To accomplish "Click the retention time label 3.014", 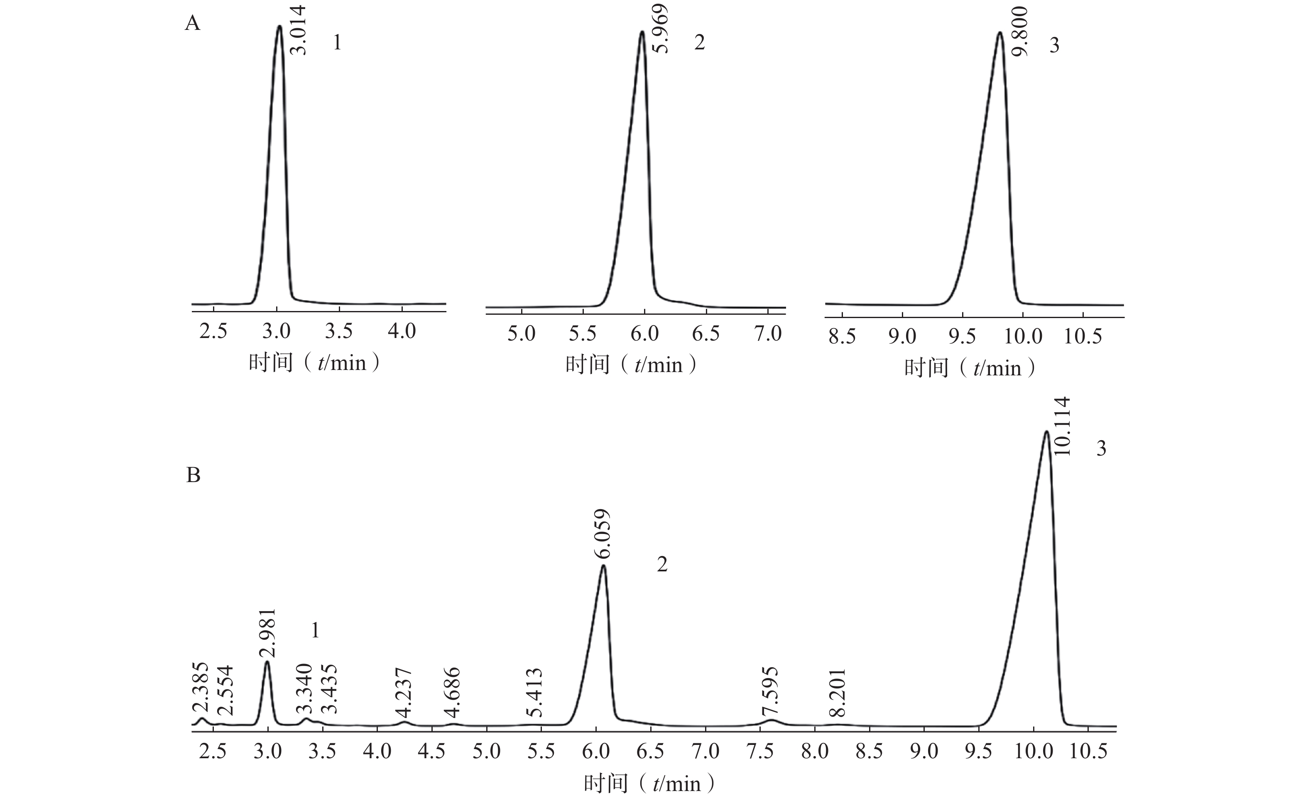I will tap(300, 30).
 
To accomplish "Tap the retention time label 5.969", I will tap(660, 29).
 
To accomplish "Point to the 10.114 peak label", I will tap(1062, 426).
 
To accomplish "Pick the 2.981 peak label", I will tap(267, 633).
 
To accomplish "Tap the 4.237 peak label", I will tap(404, 693).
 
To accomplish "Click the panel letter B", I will tap(193, 475).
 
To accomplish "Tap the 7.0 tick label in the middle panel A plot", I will tap(768, 333).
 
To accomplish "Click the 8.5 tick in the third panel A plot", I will tap(843, 336).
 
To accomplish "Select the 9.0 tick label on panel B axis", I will tap(924, 751).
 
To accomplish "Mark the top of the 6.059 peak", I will tap(603, 566).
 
